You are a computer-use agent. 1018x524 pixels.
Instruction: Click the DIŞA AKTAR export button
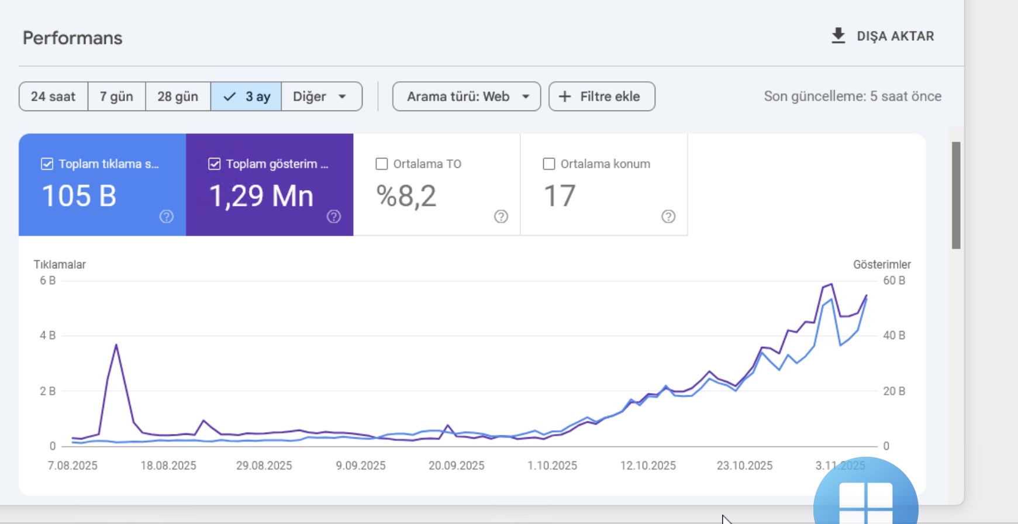coord(882,36)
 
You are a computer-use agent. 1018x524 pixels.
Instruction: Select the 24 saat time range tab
coord(53,96)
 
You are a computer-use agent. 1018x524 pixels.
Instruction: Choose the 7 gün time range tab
coord(116,96)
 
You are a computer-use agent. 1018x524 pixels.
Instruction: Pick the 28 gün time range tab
coord(178,96)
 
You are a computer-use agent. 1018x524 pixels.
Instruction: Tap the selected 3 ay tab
coord(246,96)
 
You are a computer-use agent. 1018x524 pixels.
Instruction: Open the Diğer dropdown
coord(322,96)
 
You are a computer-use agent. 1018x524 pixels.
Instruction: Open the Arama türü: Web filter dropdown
coord(467,96)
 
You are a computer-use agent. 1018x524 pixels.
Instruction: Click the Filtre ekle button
coord(602,96)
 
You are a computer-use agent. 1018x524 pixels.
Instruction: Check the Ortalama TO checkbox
coord(382,164)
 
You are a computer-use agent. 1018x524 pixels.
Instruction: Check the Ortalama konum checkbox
coord(549,164)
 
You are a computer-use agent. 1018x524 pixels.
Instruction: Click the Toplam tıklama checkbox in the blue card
coord(47,164)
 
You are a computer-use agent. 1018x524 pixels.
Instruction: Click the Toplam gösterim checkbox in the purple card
coord(215,164)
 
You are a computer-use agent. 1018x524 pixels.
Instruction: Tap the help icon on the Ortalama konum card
coord(668,217)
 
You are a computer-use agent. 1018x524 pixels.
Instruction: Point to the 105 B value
coord(79,196)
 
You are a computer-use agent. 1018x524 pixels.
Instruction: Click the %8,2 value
coord(406,196)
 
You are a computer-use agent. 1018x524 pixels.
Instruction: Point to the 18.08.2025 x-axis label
coord(168,466)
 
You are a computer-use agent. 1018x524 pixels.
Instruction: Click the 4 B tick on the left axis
coord(47,336)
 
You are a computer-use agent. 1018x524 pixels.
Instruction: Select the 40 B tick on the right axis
coord(894,336)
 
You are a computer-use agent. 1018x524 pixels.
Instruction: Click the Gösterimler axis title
coord(882,264)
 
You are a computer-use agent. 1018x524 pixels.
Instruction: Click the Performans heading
coord(73,38)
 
